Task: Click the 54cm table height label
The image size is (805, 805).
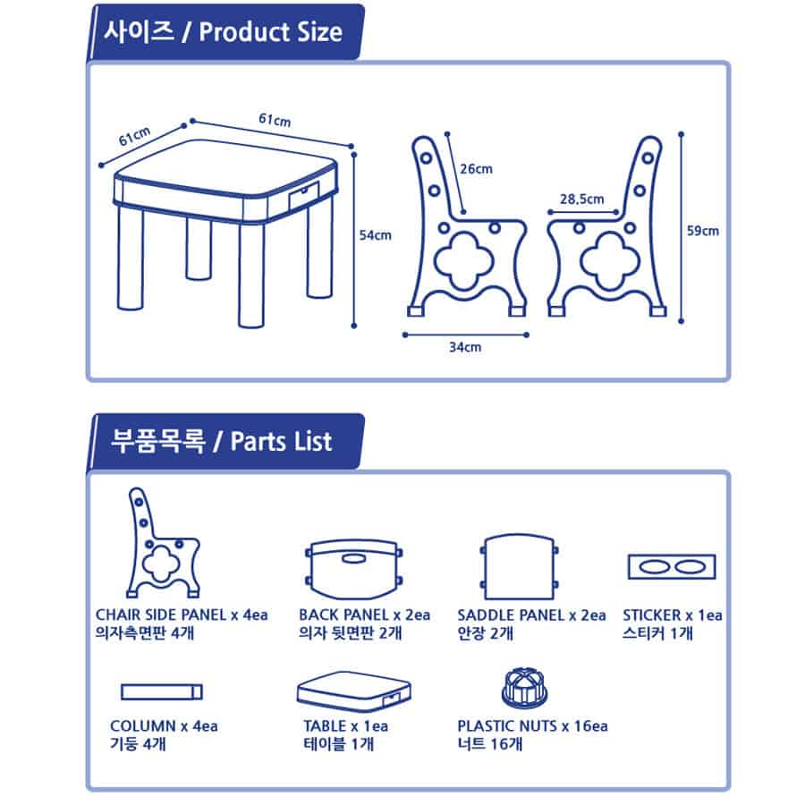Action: coord(375,235)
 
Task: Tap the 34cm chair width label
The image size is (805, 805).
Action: coord(465,347)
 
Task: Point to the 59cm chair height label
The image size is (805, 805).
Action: coord(703,231)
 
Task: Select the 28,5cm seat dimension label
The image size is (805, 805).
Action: coord(581,199)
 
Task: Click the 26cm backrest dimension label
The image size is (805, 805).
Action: coord(476,169)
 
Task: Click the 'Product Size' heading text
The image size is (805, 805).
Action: coord(270,32)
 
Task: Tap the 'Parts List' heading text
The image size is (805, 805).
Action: coord(281,442)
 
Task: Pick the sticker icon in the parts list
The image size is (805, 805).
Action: coord(672,567)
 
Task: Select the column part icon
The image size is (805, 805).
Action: coord(162,692)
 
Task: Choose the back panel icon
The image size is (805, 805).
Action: coord(353,570)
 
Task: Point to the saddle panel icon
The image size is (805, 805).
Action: coord(519,567)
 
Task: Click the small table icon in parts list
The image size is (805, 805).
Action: coord(353,691)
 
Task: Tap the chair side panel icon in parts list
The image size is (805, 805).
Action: coord(163,543)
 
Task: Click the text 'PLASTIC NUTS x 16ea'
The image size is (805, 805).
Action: coord(532,726)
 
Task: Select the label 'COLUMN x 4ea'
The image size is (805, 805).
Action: coord(164,726)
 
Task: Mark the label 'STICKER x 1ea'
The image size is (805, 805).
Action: coord(673,615)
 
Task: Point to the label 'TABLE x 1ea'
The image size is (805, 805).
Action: coord(345,726)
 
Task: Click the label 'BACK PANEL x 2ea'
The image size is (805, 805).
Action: coord(365,615)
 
